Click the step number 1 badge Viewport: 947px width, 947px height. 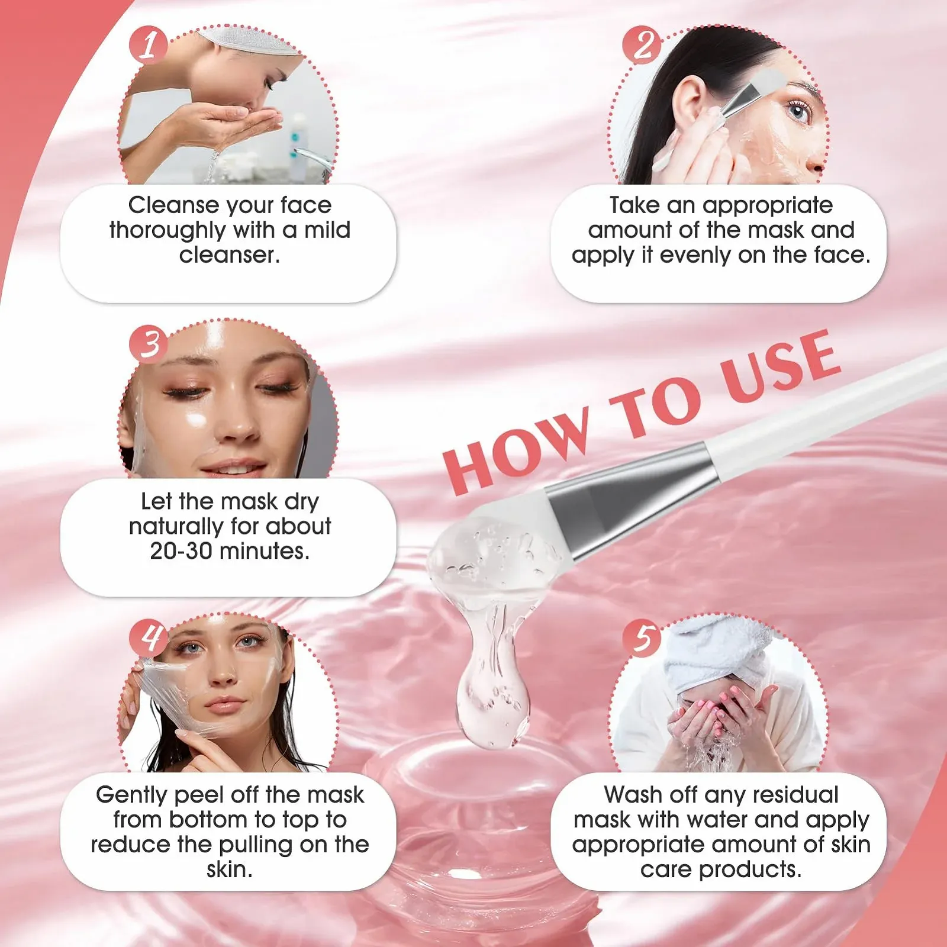coord(149,45)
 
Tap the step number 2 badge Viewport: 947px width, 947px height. coord(642,45)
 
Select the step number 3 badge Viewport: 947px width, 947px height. coord(149,343)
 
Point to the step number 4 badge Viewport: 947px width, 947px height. coord(149,637)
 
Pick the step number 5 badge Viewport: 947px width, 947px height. coord(642,637)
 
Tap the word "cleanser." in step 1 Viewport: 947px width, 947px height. coord(230,255)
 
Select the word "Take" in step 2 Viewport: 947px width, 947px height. coord(635,205)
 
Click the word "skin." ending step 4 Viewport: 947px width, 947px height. coord(230,869)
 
